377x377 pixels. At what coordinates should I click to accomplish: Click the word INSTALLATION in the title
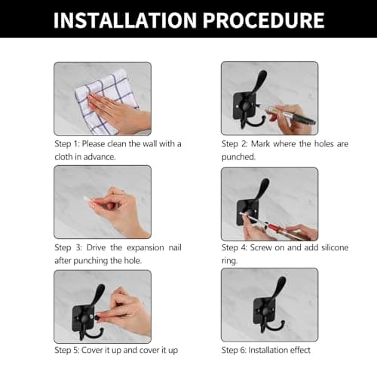pyautogui.click(x=125, y=20)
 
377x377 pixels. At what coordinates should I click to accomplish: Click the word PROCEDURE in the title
pyautogui.click(x=264, y=20)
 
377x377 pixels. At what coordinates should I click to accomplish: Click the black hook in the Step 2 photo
pyautogui.click(x=248, y=100)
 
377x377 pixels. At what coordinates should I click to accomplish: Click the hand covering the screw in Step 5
pyautogui.click(x=126, y=314)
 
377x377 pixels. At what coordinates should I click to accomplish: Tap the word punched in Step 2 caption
pyautogui.click(x=238, y=157)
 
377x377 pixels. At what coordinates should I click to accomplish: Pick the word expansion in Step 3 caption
pyautogui.click(x=146, y=248)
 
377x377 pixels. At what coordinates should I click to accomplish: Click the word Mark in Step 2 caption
pyautogui.click(x=260, y=144)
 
